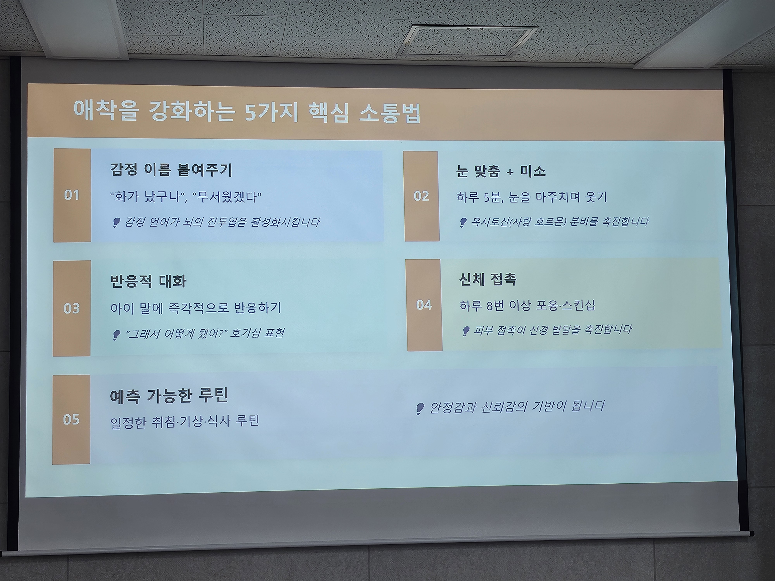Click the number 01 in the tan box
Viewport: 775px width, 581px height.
[72, 195]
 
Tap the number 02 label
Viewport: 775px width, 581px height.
[421, 196]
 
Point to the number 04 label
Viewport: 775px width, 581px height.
[424, 305]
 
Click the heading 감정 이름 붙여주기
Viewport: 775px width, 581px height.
[171, 170]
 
